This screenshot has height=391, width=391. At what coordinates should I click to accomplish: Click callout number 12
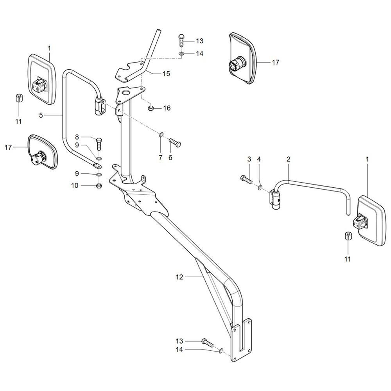point(179,277)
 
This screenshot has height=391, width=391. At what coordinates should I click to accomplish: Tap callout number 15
point(166,74)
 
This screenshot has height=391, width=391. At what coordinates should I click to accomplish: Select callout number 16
point(167,108)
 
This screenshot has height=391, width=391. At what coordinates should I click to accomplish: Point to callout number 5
point(41,115)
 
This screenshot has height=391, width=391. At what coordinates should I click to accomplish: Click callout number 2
point(289,159)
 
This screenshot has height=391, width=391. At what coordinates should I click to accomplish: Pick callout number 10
point(75,185)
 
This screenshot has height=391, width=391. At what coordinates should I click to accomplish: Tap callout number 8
point(77,137)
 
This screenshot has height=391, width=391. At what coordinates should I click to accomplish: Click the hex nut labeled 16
point(151,108)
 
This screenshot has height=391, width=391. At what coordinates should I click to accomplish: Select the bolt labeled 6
point(175,143)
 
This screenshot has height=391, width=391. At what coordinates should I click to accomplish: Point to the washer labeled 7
point(161,135)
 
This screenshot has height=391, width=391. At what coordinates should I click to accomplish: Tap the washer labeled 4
point(260,187)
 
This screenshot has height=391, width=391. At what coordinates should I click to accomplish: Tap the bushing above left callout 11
point(19,98)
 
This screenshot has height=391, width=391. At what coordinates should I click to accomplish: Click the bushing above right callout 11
point(348,236)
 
